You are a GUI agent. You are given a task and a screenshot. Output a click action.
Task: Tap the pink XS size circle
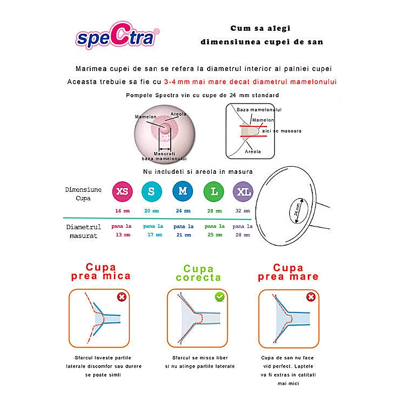[x=122, y=191]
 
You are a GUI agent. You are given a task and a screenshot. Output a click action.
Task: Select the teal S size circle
[x=152, y=191]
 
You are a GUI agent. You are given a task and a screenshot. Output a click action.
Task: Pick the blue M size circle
[x=182, y=191]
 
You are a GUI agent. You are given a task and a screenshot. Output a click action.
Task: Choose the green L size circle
[x=214, y=191]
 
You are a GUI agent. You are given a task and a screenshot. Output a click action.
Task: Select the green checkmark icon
[x=220, y=297]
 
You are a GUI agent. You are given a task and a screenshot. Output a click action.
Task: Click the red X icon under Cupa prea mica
[x=121, y=297]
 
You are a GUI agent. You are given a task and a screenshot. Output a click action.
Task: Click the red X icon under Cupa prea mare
[x=311, y=297]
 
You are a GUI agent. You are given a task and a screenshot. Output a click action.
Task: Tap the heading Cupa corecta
[x=198, y=273]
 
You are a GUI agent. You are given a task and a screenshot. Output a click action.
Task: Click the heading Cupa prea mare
[x=288, y=272]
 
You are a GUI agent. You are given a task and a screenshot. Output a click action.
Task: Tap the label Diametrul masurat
[x=84, y=231]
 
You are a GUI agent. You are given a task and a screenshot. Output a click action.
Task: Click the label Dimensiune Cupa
[x=83, y=193]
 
